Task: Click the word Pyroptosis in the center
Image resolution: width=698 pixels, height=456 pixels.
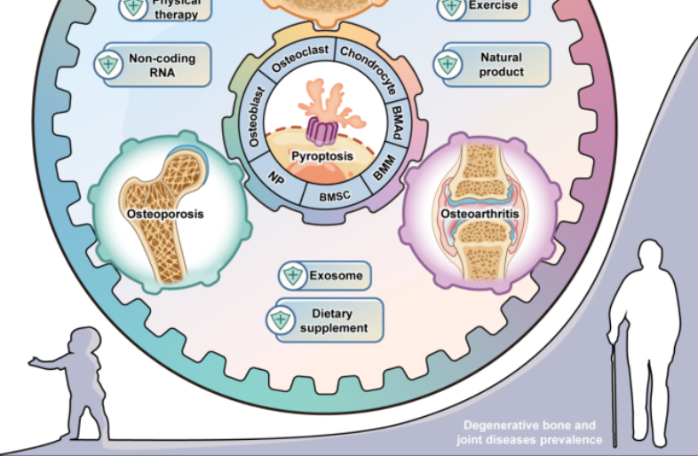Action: click(322, 155)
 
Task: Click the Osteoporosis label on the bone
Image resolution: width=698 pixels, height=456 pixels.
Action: click(164, 214)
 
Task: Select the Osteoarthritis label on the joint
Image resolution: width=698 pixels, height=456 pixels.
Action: click(480, 214)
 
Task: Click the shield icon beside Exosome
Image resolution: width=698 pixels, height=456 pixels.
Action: click(292, 276)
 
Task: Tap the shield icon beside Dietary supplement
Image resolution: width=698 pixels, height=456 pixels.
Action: click(282, 320)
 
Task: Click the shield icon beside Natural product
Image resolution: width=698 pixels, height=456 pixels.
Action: click(447, 65)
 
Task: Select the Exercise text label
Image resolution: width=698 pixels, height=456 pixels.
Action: click(492, 5)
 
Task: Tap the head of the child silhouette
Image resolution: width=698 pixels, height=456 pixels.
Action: click(84, 342)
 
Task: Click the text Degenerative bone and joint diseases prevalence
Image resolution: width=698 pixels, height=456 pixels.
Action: click(529, 433)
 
